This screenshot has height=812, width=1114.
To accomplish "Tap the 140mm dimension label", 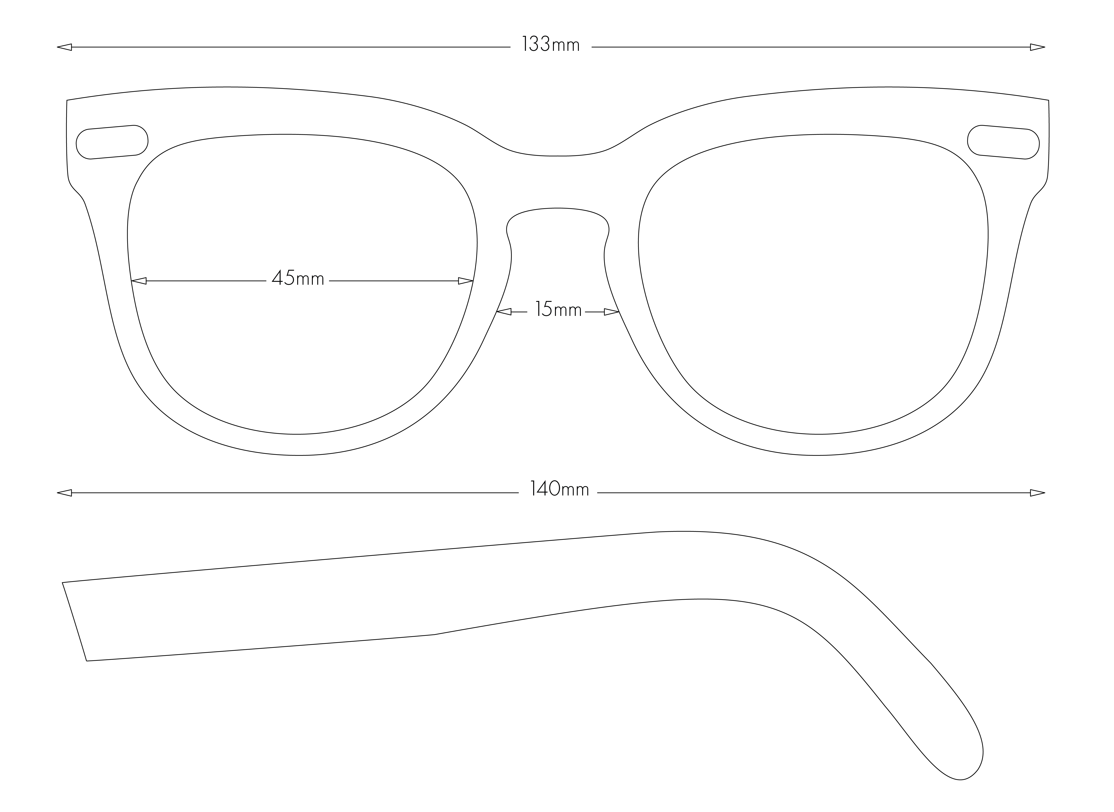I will [x=559, y=490].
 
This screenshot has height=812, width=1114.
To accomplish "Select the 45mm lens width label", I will [x=298, y=279].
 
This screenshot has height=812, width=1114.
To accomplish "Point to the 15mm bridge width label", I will [x=559, y=310].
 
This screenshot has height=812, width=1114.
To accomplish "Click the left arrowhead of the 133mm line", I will [x=64, y=47].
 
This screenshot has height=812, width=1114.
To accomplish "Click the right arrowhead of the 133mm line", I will [x=1037, y=47].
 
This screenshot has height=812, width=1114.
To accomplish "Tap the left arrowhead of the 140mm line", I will [x=64, y=493].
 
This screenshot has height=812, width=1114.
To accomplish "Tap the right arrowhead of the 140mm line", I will [x=1037, y=493].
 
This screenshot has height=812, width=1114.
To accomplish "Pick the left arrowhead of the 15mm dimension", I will [x=504, y=312].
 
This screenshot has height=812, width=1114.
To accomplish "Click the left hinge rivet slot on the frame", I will [x=112, y=142].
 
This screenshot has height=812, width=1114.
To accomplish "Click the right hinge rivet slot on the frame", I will [x=1003, y=142].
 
